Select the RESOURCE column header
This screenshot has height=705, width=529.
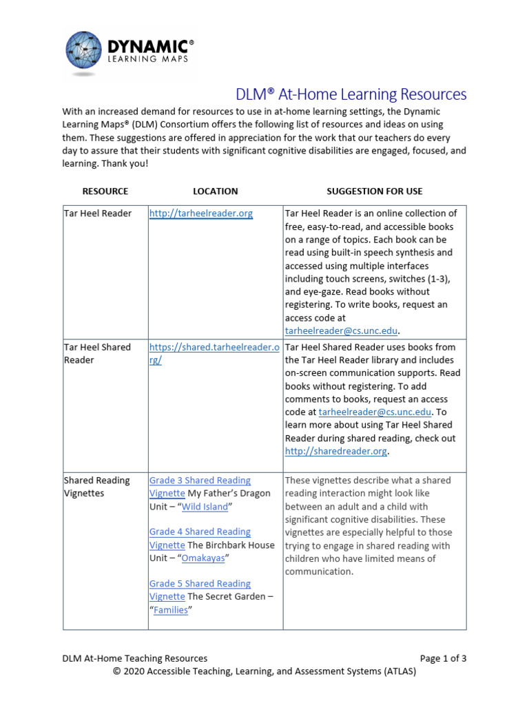[105, 191]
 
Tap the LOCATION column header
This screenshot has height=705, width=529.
[215, 191]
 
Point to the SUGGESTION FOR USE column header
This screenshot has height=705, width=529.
[374, 191]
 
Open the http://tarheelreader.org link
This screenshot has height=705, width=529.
[201, 214]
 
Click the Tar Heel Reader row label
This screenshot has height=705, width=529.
[97, 214]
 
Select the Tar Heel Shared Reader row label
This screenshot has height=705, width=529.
[96, 353]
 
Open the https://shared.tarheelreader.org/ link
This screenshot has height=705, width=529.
[214, 353]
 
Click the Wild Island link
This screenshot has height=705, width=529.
[205, 507]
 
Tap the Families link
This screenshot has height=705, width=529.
[170, 610]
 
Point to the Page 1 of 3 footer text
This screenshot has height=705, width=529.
[443, 658]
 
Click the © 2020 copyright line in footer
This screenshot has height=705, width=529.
[264, 671]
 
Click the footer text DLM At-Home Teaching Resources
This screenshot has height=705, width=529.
[134, 658]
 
